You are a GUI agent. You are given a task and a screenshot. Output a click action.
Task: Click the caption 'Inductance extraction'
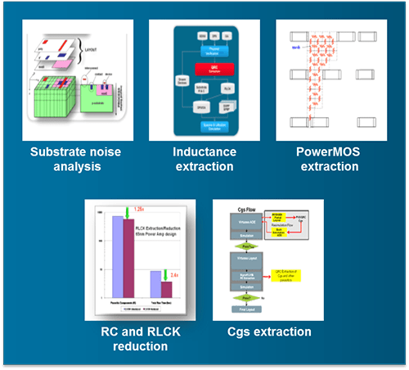coord(204,159)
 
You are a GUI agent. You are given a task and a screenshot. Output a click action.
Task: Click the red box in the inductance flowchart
coord(204,70)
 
